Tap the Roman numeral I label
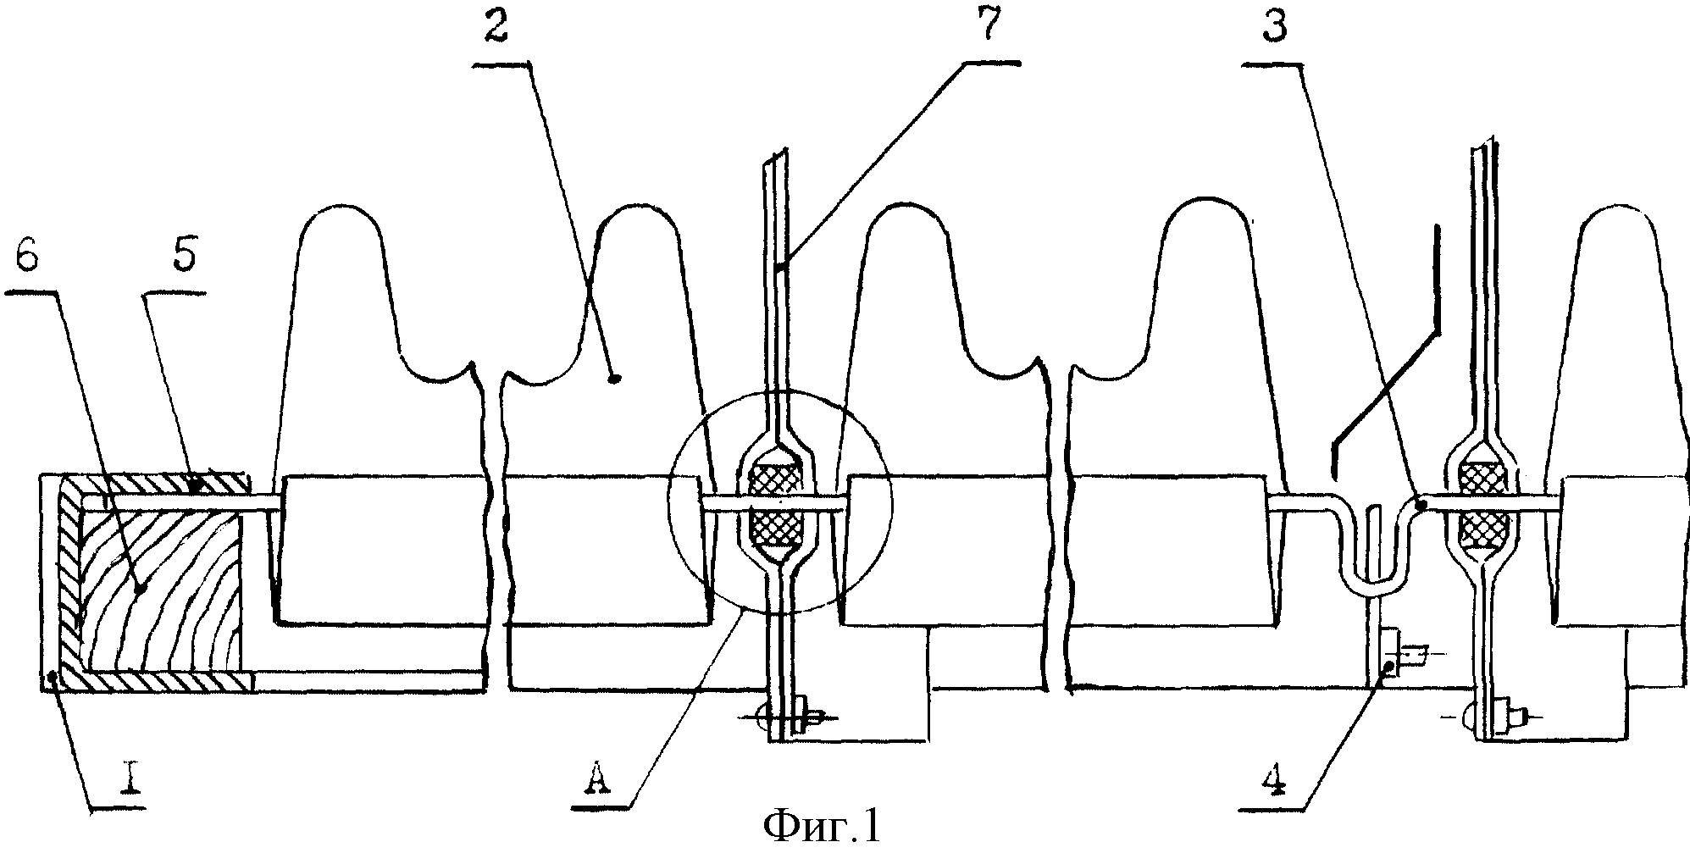tap(130, 781)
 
